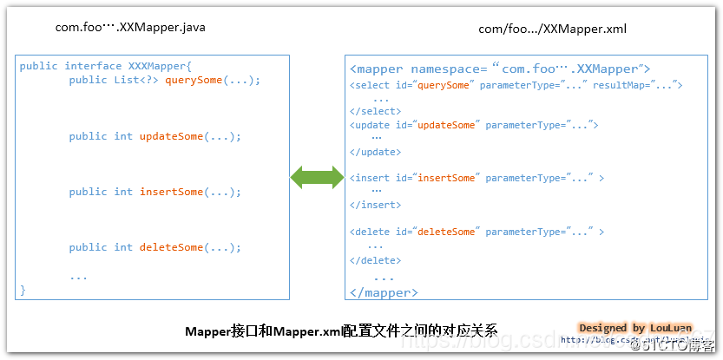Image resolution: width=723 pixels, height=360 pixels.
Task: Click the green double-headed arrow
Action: pos(317,177)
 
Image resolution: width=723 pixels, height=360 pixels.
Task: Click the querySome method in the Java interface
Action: pos(196,80)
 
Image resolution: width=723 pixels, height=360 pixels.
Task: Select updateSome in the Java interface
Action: pos(171,136)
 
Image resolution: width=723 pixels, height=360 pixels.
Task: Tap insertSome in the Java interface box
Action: pos(171,192)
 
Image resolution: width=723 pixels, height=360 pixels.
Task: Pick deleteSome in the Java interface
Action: pos(171,247)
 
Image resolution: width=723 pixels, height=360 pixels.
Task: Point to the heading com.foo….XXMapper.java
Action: pos(130,27)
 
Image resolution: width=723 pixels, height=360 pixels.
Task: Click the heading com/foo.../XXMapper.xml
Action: pos(552,29)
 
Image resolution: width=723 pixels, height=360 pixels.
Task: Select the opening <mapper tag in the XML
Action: pos(378,69)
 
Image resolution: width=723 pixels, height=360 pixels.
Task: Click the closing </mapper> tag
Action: pos(379,292)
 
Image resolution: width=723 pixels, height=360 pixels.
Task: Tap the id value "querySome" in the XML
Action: pos(445,85)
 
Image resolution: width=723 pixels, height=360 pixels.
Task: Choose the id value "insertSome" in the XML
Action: pos(446,178)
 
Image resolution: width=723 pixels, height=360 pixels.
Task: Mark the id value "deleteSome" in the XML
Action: pos(446,232)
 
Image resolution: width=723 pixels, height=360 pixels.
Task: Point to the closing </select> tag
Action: pos(376,111)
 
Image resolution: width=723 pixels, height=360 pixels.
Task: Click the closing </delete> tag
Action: pos(376,259)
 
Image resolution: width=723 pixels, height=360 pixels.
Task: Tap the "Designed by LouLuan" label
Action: pos(635,328)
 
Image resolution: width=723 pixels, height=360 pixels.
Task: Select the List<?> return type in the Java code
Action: pos(136,80)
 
